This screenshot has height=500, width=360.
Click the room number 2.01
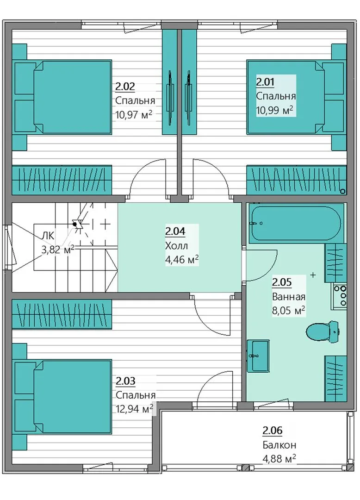(265, 82)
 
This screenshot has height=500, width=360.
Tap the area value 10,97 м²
(133, 114)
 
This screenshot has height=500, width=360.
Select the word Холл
(176, 245)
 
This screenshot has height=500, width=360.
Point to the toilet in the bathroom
(322, 331)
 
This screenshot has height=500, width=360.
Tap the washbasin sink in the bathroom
(258, 356)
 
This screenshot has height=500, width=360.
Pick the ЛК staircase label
(48, 236)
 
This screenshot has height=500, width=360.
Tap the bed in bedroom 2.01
(296, 97)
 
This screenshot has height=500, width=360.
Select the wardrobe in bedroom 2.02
(62, 180)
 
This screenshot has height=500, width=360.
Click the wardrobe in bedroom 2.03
(62, 314)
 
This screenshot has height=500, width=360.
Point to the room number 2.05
(282, 282)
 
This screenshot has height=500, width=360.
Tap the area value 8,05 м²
(289, 310)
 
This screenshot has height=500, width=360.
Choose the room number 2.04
(175, 231)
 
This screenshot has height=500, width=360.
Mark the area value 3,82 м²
(58, 249)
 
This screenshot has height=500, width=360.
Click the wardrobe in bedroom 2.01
(297, 180)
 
